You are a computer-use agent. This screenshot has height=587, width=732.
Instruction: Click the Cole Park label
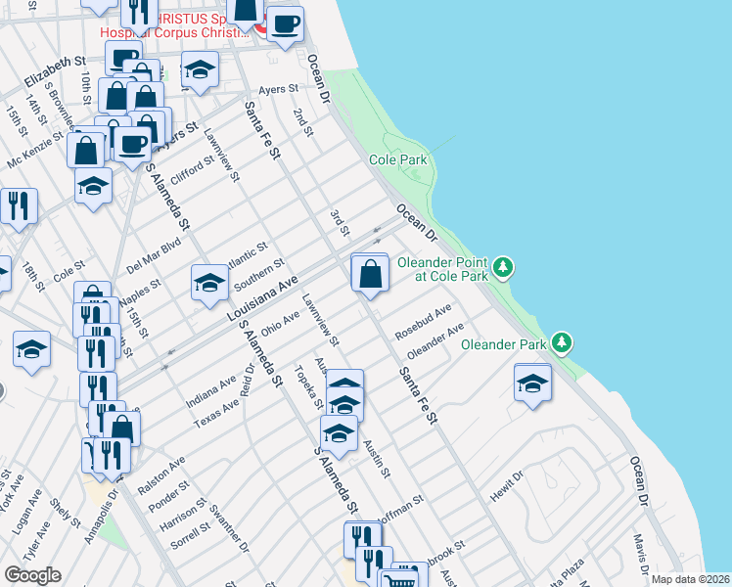(398, 158)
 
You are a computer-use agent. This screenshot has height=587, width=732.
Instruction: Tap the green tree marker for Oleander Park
(562, 342)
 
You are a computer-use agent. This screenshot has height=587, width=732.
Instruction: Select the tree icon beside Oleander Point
(502, 266)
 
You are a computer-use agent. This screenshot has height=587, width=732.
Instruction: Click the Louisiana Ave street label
(261, 299)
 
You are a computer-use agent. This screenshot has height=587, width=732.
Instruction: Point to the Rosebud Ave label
(423, 322)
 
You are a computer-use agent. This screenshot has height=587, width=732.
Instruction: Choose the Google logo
(32, 574)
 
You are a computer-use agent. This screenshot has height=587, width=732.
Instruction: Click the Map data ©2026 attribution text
(690, 579)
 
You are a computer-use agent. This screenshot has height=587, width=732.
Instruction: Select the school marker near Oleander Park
(531, 383)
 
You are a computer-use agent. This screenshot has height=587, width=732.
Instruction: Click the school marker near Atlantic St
(209, 283)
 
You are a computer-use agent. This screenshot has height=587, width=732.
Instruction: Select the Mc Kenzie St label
(33, 150)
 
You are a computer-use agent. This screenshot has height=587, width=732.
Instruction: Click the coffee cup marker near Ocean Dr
(286, 24)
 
